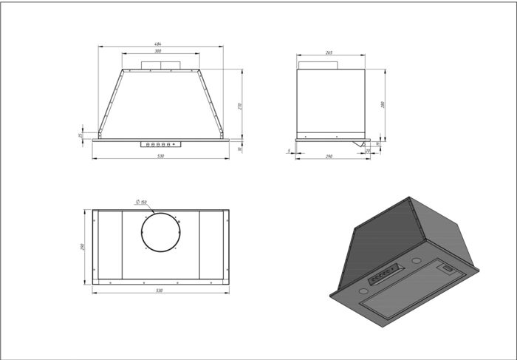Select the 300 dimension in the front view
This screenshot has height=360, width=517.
(x=159, y=52)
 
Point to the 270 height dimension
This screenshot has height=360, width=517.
(x=240, y=106)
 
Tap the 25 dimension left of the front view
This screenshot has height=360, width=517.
(x=81, y=135)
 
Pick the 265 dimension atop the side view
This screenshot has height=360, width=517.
(x=329, y=52)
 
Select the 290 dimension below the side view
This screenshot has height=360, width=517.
(x=329, y=157)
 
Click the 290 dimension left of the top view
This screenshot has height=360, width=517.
(x=83, y=246)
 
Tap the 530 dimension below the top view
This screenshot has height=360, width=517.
(x=160, y=291)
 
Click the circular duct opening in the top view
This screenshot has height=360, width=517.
(x=160, y=234)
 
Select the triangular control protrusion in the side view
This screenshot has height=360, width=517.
(x=362, y=143)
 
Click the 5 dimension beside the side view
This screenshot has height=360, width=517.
(x=289, y=151)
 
